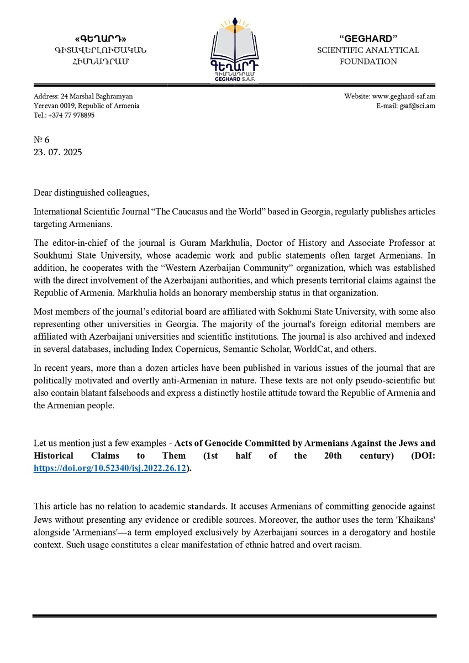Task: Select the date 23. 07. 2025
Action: [57, 152]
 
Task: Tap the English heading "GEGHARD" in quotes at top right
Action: [368, 39]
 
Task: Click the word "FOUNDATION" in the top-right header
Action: [368, 61]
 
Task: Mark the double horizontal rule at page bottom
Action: [234, 616]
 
